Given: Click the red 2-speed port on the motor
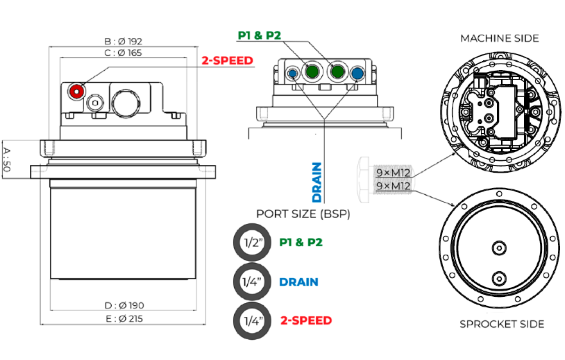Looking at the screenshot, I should click(x=76, y=90).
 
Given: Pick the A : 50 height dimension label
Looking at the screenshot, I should click(x=7, y=159).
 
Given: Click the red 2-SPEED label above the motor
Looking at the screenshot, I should click(x=227, y=60).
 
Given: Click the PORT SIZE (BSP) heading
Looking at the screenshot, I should click(x=303, y=214).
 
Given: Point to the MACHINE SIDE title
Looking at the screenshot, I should click(x=500, y=38).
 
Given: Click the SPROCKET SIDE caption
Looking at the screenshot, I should click(x=502, y=324).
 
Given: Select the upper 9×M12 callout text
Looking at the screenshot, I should click(x=393, y=172).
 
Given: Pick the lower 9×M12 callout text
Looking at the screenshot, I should click(x=393, y=187).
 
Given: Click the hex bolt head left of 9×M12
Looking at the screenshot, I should click(x=366, y=179).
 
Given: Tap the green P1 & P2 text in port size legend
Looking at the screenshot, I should click(x=301, y=243).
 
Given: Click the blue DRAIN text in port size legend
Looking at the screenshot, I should click(x=298, y=282).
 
